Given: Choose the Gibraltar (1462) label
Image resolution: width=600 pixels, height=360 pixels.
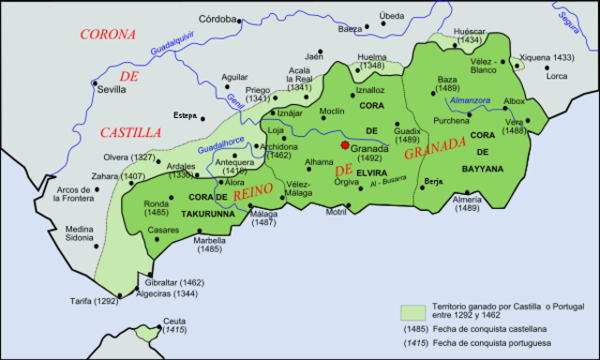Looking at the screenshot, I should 177,282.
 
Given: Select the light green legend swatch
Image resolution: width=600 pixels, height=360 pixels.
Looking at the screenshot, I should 412,310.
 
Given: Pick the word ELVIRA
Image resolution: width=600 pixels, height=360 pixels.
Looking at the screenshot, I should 372,172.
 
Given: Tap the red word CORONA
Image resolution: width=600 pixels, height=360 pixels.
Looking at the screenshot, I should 108,35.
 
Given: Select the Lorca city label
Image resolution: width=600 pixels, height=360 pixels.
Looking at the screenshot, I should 557,75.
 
